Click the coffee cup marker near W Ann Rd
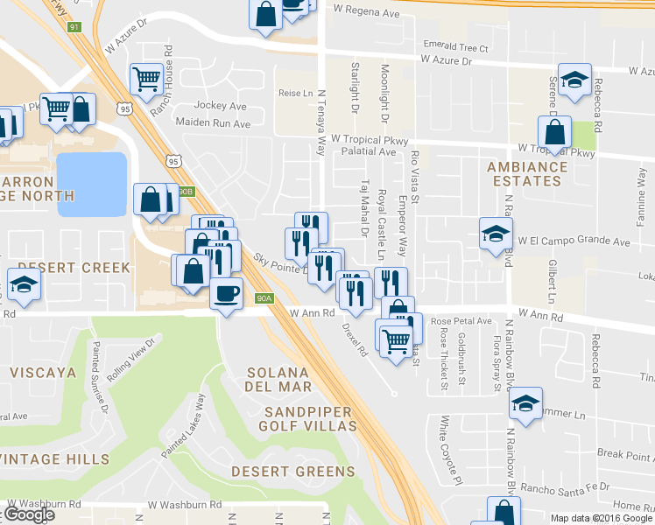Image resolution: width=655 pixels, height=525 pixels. [x=225, y=293]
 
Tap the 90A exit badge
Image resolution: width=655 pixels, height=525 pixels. [x=265, y=298]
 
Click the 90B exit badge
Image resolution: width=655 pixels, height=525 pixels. [x=184, y=192]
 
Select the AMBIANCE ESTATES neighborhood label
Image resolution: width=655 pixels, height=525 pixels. [x=525, y=173]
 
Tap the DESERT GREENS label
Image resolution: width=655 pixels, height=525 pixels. [x=293, y=472]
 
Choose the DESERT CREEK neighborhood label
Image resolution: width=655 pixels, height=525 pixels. [x=74, y=267]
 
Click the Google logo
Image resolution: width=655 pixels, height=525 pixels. [x=28, y=514]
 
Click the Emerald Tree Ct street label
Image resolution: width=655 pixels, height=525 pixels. [x=454, y=46]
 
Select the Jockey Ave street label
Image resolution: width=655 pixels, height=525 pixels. [x=221, y=106]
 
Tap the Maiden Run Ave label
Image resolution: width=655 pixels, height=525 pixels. [x=213, y=124]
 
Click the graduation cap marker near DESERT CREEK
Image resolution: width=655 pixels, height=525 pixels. [x=24, y=284]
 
